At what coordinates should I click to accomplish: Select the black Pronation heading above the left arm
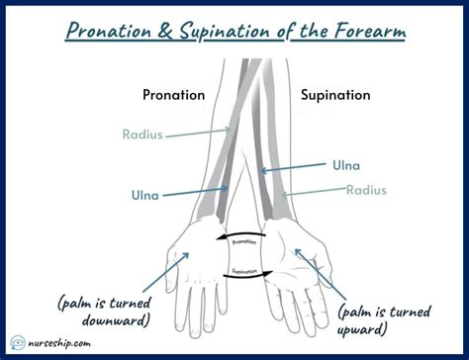tap(173, 95)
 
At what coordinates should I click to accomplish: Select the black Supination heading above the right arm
tap(335, 95)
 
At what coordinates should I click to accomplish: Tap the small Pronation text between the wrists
tap(243, 241)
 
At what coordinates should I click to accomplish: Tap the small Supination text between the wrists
tap(244, 270)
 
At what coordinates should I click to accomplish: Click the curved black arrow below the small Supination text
tap(244, 278)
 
